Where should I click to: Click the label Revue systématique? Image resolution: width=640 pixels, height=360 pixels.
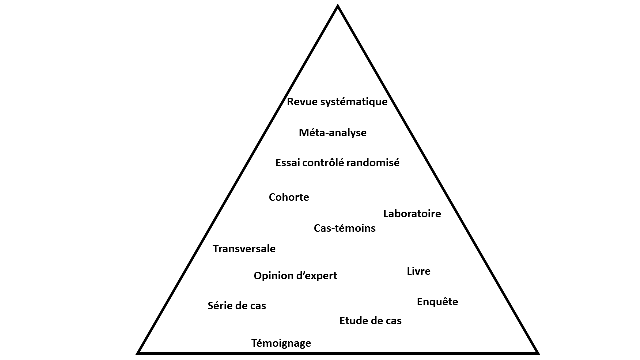(337, 102)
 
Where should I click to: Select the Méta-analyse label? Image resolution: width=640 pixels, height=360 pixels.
(333, 133)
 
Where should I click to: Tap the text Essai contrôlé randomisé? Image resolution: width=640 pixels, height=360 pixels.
(337, 163)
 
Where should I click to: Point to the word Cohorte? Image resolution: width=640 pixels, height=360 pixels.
(289, 197)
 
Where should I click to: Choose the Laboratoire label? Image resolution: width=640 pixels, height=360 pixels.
(412, 214)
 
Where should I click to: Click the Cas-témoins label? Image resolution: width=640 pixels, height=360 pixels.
(344, 228)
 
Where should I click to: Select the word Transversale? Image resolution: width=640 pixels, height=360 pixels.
(244, 249)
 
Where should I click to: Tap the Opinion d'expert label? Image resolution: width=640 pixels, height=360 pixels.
(295, 276)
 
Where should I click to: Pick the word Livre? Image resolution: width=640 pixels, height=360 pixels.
(418, 271)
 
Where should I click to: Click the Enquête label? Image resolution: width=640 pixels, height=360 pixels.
(437, 302)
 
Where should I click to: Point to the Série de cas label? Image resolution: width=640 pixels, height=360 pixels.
(237, 306)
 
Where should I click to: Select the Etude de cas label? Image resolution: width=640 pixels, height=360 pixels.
(370, 321)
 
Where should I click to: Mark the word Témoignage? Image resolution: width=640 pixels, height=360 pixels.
(281, 343)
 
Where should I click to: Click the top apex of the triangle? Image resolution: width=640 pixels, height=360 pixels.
(338, 7)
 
